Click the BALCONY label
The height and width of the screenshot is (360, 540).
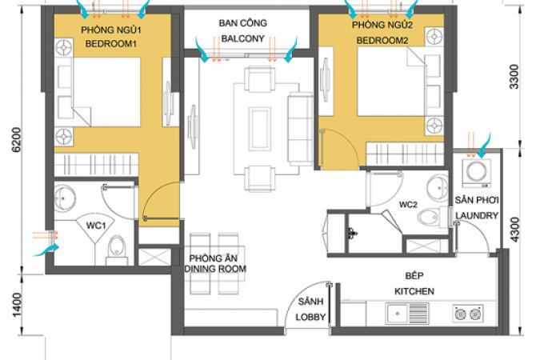click(x=242, y=38)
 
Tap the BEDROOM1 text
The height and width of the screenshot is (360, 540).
click(x=111, y=44)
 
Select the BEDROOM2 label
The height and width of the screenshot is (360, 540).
click(x=382, y=41)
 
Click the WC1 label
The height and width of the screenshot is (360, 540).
click(x=96, y=226)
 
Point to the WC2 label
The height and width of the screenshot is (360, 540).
click(x=408, y=205)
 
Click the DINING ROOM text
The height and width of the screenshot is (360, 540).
click(x=215, y=269)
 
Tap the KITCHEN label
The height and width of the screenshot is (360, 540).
click(x=414, y=291)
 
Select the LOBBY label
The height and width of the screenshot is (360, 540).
click(x=310, y=317)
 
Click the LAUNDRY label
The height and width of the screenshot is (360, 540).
click(x=477, y=216)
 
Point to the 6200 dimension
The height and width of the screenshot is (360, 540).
click(x=17, y=140)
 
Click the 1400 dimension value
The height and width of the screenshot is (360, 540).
click(x=17, y=305)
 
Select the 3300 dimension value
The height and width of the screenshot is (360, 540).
click(x=514, y=77)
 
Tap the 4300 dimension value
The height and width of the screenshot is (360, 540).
click(x=514, y=230)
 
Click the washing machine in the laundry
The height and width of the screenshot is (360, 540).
click(x=477, y=173)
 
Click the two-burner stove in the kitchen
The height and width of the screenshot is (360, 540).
click(x=468, y=314)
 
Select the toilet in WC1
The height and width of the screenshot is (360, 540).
click(x=116, y=250)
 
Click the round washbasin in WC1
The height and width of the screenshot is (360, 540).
click(x=65, y=198)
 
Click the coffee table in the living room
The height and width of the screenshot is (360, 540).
click(x=260, y=129)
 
